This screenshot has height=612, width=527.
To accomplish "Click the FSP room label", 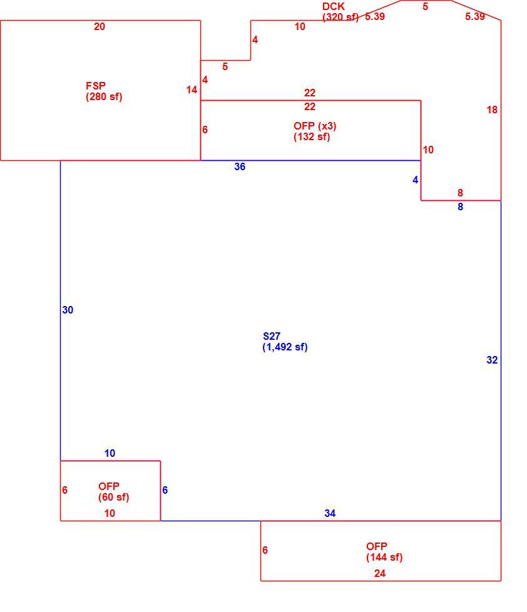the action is pyautogui.click(x=96, y=86).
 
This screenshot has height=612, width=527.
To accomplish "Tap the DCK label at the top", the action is pyautogui.click(x=334, y=7).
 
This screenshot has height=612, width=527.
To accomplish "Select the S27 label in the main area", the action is pyautogui.click(x=272, y=336).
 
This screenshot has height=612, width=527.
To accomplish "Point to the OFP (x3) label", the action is pyautogui.click(x=315, y=126).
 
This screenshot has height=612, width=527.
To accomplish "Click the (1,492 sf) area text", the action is pyautogui.click(x=285, y=347).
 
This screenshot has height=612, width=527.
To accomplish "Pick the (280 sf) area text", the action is pyautogui.click(x=104, y=96).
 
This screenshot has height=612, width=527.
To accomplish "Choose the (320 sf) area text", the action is pyautogui.click(x=340, y=17).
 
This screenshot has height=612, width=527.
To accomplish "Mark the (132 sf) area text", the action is pyautogui.click(x=312, y=136).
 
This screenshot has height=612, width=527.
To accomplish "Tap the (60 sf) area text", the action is pyautogui.click(x=113, y=497).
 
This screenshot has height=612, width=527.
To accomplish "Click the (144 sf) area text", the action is pyautogui.click(x=384, y=557).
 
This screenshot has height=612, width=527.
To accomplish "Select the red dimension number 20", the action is pyautogui.click(x=100, y=26).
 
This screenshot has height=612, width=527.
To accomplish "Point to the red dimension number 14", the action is pyautogui.click(x=192, y=89).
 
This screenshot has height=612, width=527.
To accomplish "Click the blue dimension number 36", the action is pyautogui.click(x=240, y=166).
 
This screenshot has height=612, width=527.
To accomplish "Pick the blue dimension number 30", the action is pyautogui.click(x=68, y=310).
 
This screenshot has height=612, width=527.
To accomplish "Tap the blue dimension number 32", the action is pyautogui.click(x=492, y=360).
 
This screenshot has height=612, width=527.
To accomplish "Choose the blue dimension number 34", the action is pyautogui.click(x=330, y=513).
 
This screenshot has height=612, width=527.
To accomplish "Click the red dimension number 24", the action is pyautogui.click(x=380, y=573).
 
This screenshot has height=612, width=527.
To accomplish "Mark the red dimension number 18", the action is pyautogui.click(x=492, y=110).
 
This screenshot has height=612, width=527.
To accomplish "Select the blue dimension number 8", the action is pyautogui.click(x=460, y=207).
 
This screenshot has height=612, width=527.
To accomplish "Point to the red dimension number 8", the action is pyautogui.click(x=460, y=193).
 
